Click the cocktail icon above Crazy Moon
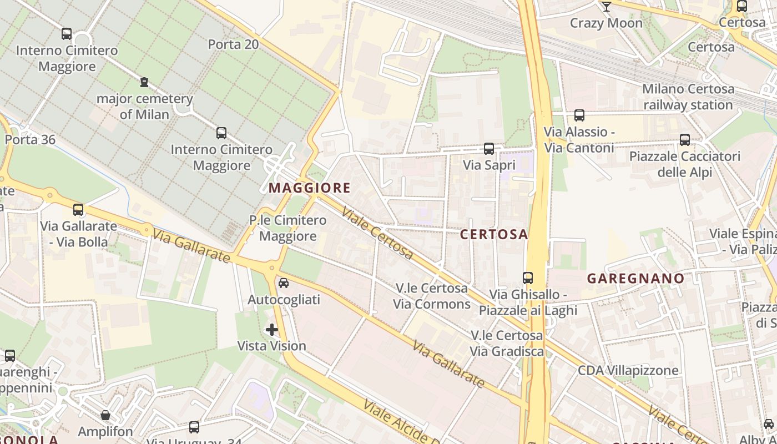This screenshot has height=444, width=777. click(606, 7)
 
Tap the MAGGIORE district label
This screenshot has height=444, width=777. click(310, 188)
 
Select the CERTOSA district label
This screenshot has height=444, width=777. click(494, 234)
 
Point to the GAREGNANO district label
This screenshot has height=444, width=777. click(635, 278)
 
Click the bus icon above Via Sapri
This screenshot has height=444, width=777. click(489, 149)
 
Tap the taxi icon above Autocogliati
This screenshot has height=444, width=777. click(284, 283)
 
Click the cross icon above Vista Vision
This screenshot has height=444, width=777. click(272, 330)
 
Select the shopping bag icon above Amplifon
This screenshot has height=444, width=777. click(105, 415)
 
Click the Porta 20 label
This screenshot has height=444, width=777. click(233, 44)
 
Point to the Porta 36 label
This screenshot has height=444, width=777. click(31, 139)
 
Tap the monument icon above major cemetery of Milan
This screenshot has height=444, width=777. click(144, 83)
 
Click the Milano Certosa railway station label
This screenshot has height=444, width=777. click(688, 97)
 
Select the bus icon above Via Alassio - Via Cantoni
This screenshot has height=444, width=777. click(579, 115)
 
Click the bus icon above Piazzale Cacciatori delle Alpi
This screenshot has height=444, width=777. click(685, 140)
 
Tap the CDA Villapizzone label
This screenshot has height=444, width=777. click(628, 370)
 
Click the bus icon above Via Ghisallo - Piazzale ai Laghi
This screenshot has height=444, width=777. click(528, 277)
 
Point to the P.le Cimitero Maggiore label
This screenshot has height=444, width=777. click(287, 228)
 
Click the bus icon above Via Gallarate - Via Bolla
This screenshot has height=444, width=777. click(78, 210)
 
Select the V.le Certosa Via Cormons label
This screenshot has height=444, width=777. click(432, 296)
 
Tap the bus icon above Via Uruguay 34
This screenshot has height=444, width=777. click(194, 427)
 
